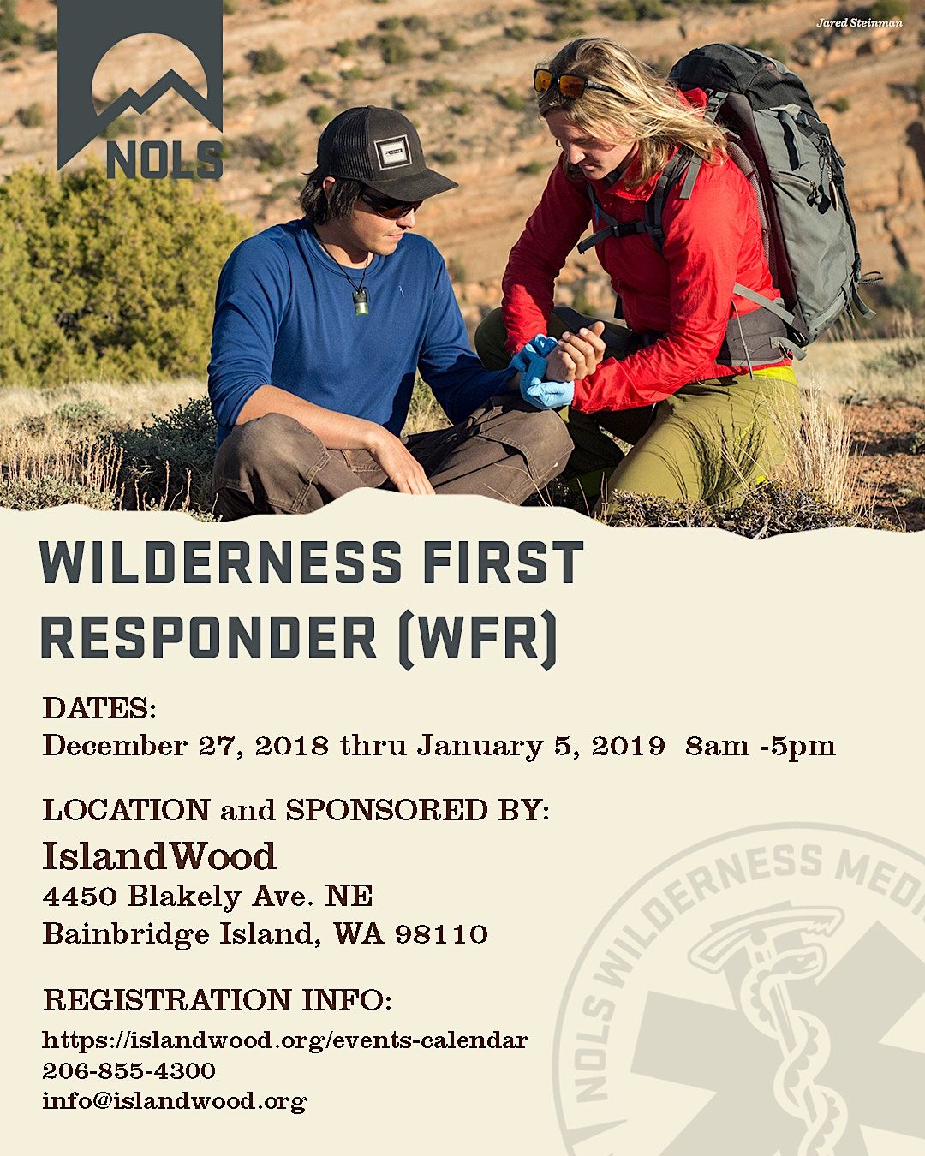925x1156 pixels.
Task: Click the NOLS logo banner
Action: pyautogui.click(x=140, y=90)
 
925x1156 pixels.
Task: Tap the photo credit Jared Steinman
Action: pyautogui.click(x=859, y=23)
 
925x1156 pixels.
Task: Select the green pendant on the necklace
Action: pyautogui.click(x=361, y=301)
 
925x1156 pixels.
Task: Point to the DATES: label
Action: pyautogui.click(x=99, y=709)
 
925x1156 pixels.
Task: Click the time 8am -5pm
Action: pyautogui.click(x=760, y=746)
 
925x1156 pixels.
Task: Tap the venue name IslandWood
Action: pyautogui.click(x=159, y=855)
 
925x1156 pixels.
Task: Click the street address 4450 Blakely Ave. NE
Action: pyautogui.click(x=207, y=897)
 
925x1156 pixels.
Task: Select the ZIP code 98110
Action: pyautogui.click(x=441, y=933)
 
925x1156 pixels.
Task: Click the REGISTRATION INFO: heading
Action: pyautogui.click(x=218, y=999)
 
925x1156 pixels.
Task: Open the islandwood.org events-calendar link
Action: pyautogui.click(x=285, y=1040)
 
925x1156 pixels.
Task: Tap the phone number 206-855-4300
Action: pyautogui.click(x=128, y=1070)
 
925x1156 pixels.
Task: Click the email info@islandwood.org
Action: pyautogui.click(x=174, y=1100)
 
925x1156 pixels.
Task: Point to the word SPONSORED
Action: pyautogui.click(x=386, y=810)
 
